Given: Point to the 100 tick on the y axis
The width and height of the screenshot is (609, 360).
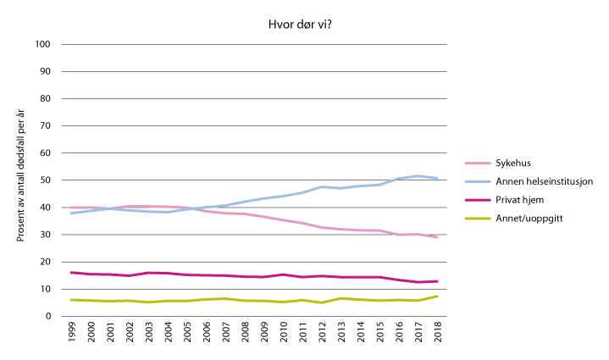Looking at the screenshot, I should [x=43, y=44].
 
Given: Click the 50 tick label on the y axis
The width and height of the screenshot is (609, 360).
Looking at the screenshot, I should [x=46, y=180].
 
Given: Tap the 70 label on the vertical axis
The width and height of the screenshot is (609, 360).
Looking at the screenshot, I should [x=46, y=126].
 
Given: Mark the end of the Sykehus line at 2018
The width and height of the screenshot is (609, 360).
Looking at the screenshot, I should [x=438, y=237].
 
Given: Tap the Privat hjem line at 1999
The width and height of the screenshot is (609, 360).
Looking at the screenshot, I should [x=73, y=273].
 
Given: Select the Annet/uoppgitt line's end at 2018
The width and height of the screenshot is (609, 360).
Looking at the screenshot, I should [x=438, y=296].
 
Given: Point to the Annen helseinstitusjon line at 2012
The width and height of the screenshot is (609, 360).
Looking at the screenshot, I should [x=323, y=186].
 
